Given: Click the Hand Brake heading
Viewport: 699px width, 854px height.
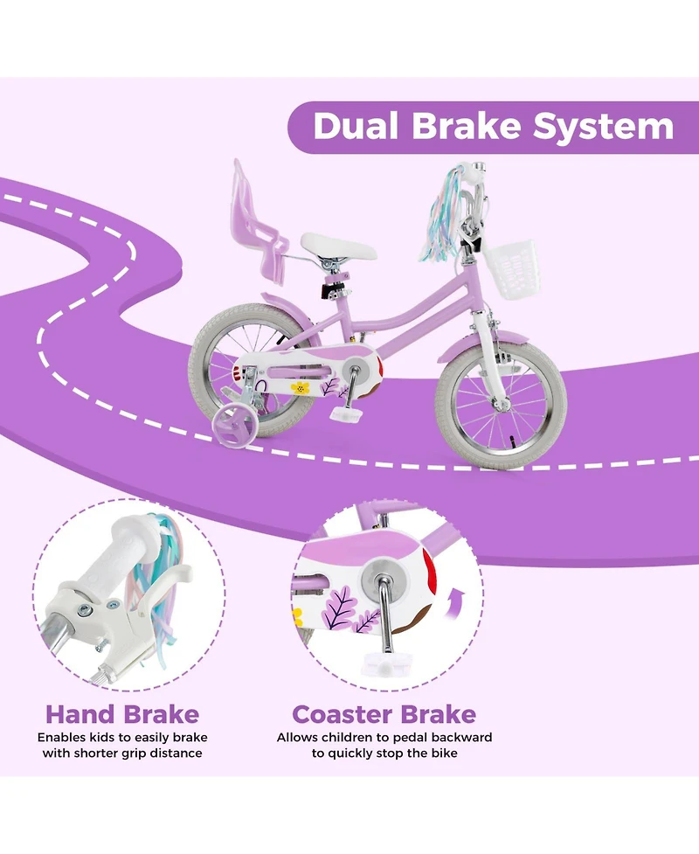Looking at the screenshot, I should (x=122, y=714).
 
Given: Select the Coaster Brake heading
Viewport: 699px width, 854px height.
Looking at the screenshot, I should (x=384, y=714).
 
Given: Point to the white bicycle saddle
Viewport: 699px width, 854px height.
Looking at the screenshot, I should (x=338, y=246).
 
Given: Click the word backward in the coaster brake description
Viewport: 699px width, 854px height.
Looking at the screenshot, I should (x=455, y=737).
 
